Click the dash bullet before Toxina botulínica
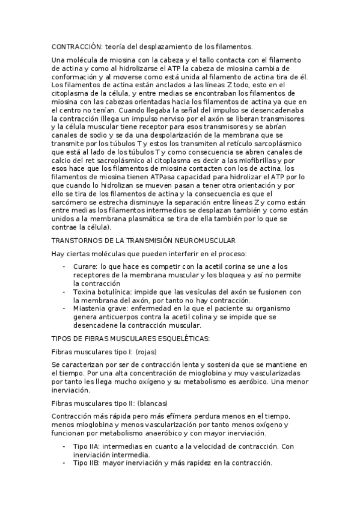pos(64,292)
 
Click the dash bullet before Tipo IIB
pos(64,464)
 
